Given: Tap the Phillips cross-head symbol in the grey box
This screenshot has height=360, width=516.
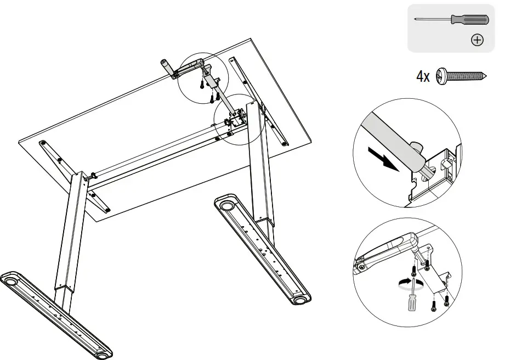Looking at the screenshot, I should point(477,40).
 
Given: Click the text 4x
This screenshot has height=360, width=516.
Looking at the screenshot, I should point(423,77).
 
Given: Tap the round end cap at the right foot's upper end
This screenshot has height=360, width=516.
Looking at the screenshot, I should point(226,207).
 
